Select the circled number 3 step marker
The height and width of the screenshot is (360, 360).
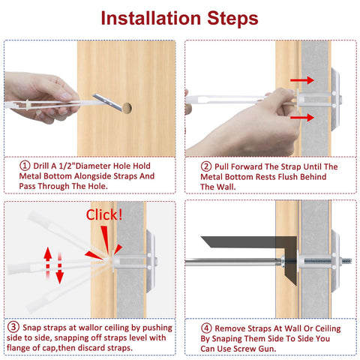point(13,327)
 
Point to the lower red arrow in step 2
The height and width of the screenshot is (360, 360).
point(303,118)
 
